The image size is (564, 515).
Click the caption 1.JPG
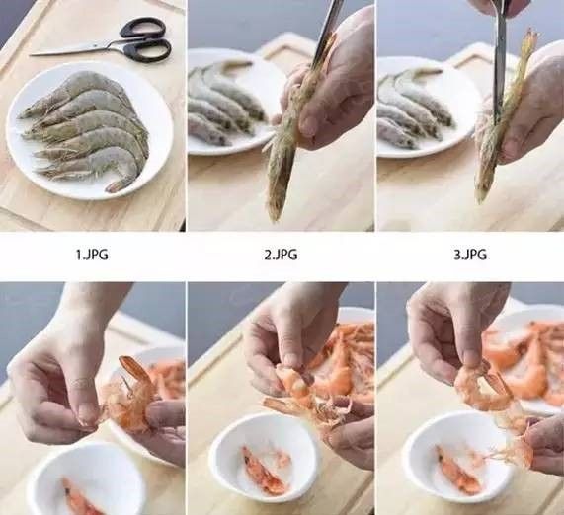coord(92,255)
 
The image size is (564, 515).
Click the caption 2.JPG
coord(281,255)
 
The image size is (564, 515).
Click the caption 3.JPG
coord(470,255)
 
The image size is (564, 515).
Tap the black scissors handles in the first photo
coord(144,39)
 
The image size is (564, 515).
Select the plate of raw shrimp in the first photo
coord(89,128)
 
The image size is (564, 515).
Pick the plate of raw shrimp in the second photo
coord(222,99)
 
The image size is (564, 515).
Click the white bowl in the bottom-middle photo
coord(262,459)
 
